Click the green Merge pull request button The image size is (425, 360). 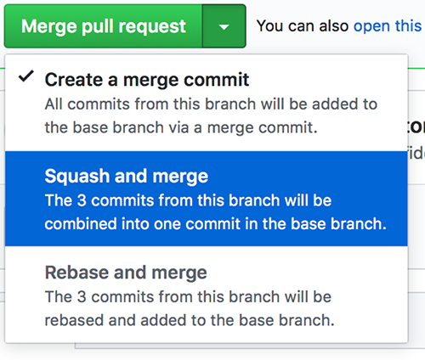pyautogui.click(x=104, y=26)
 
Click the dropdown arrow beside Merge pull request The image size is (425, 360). pyautogui.click(x=224, y=27)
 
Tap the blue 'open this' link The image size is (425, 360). pyautogui.click(x=388, y=26)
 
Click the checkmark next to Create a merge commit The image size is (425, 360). pyautogui.click(x=26, y=76)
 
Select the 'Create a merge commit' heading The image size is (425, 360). pyautogui.click(x=147, y=80)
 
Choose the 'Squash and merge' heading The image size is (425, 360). pyautogui.click(x=127, y=176)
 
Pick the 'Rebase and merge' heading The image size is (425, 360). pyautogui.click(x=126, y=273)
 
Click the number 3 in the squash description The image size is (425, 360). pyautogui.click(x=82, y=200)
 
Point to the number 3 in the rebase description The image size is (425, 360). pyautogui.click(x=82, y=297)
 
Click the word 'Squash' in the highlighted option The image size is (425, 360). pyautogui.click(x=77, y=177)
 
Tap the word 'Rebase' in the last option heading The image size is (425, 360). pyautogui.click(x=77, y=273)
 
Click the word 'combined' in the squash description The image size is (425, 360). pyautogui.click(x=81, y=224)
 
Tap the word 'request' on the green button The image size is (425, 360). pyautogui.click(x=152, y=27)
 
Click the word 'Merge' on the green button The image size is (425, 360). pyautogui.click(x=49, y=27)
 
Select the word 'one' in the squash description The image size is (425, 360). pyautogui.click(x=169, y=224)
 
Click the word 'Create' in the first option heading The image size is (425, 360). pyautogui.click(x=74, y=80)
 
